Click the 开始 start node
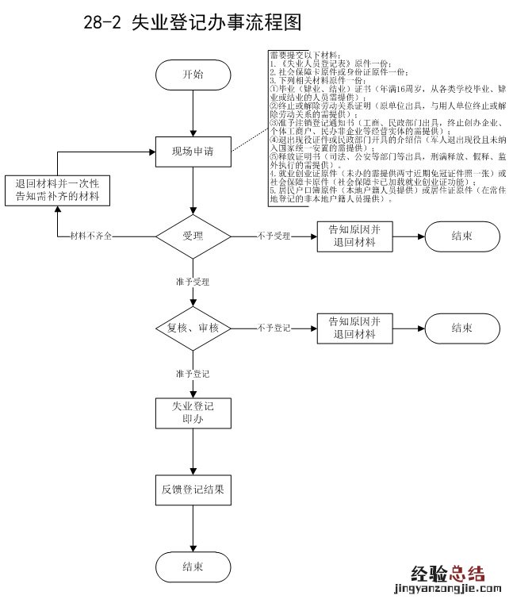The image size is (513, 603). pyautogui.click(x=193, y=75)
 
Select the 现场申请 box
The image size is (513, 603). pyautogui.click(x=193, y=150)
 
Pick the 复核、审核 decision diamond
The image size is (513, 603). pyautogui.click(x=193, y=328)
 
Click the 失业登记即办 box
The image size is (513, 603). pyautogui.click(x=193, y=413)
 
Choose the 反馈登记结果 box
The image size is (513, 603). pyautogui.click(x=193, y=490)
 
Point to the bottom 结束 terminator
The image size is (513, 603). pyautogui.click(x=193, y=567)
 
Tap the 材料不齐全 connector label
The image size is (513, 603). pyautogui.click(x=90, y=236)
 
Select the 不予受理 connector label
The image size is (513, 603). pyautogui.click(x=275, y=236)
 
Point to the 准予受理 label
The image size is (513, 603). pyautogui.click(x=193, y=282)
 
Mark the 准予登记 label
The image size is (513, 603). pyautogui.click(x=193, y=372)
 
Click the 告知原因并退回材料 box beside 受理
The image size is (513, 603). pyautogui.click(x=355, y=236)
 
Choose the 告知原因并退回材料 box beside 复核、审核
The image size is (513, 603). pyautogui.click(x=355, y=328)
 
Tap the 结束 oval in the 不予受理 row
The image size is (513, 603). pyautogui.click(x=463, y=236)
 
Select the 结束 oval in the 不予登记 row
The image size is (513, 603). pyautogui.click(x=463, y=328)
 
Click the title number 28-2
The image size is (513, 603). pyautogui.click(x=101, y=23)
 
